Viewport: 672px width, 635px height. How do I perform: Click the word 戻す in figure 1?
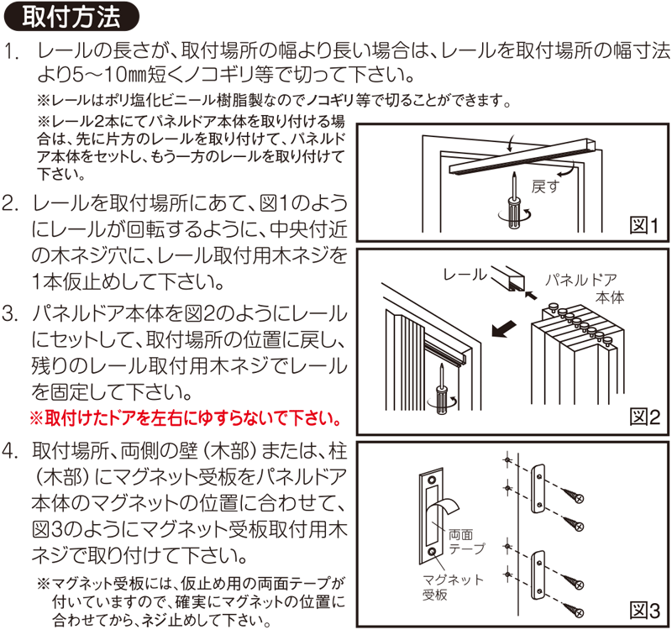pos(545,186)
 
